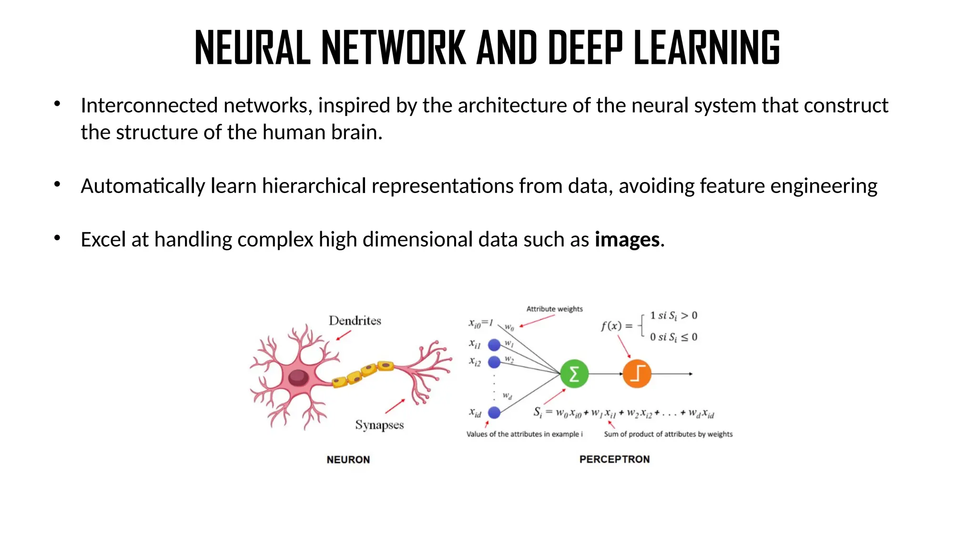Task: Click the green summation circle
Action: tap(574, 374)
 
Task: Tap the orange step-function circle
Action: tap(637, 374)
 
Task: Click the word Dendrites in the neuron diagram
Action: tap(355, 321)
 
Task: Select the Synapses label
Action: tap(379, 425)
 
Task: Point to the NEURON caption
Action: tap(348, 459)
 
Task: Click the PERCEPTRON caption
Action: tap(614, 459)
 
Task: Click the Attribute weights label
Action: tap(554, 309)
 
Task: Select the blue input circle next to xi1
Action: tap(494, 345)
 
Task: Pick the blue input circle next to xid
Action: tap(494, 412)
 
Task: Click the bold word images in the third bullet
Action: tap(627, 239)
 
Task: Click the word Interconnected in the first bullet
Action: tap(149, 105)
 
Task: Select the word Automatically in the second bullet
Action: tap(142, 186)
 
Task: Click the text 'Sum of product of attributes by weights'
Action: tap(668, 434)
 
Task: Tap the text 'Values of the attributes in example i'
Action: tap(524, 434)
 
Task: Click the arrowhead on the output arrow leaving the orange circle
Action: tap(690, 374)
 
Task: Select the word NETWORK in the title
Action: tap(393, 48)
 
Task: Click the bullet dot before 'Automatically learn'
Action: tap(57, 184)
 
